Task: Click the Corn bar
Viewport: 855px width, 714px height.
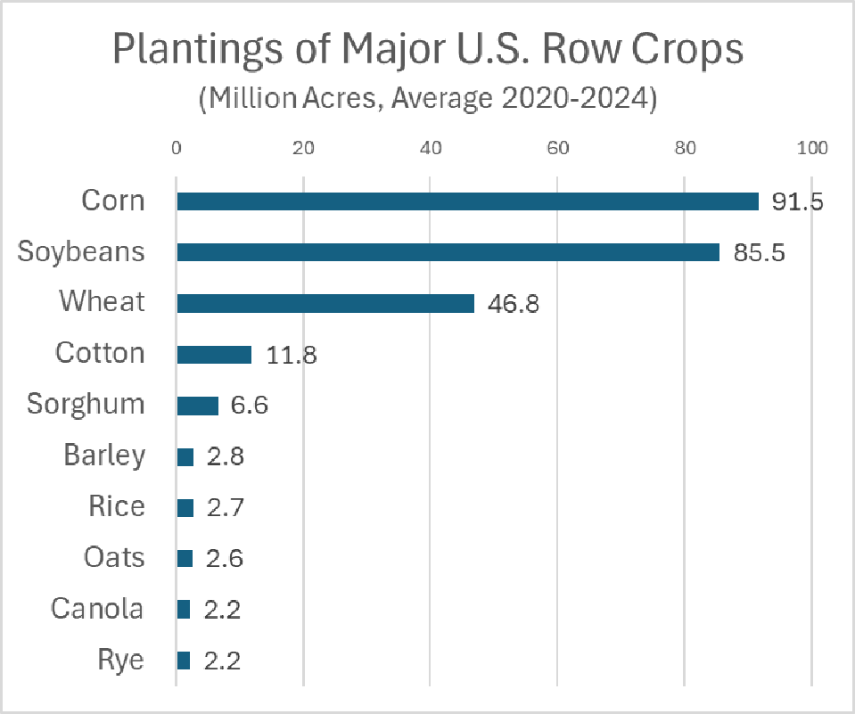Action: coord(467,201)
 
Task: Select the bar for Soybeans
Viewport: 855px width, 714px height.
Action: coord(448,252)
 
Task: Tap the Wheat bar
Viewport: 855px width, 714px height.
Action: coord(325,303)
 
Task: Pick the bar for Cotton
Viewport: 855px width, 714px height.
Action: coord(214,355)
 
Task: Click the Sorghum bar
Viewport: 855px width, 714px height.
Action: coord(197,406)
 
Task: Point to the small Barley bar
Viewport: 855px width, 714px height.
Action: coord(185,457)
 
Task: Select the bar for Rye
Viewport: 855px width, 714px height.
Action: coord(184,661)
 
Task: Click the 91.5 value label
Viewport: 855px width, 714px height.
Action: coord(797,201)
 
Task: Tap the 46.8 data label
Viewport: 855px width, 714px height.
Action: coord(514,304)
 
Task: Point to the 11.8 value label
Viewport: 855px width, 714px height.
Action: coord(292,355)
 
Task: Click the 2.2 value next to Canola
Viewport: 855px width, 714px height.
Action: coord(221,610)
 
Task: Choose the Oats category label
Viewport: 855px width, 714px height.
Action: coord(113,558)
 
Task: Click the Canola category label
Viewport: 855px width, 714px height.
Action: coord(97,609)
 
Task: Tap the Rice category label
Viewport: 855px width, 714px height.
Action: coord(116,507)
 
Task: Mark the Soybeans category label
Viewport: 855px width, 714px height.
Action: coord(81,251)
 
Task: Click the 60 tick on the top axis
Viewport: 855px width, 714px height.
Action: coord(558,148)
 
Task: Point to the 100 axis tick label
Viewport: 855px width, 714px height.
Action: coord(811,148)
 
